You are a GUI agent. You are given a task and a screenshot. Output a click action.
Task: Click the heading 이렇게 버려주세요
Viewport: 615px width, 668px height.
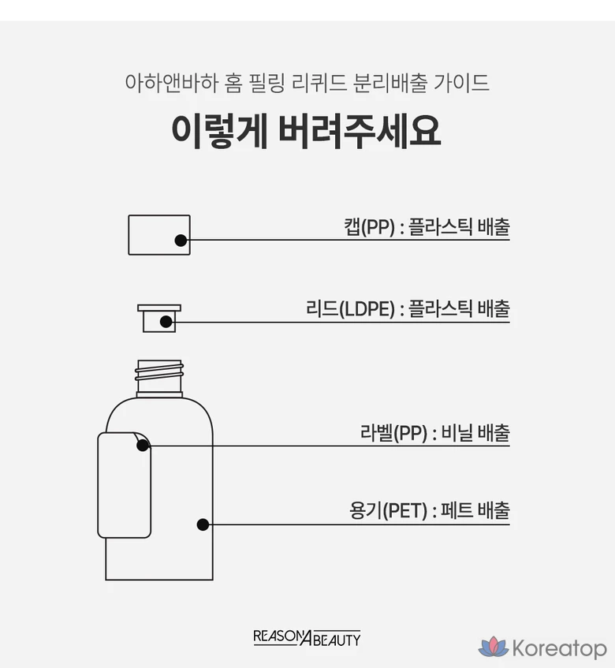306,131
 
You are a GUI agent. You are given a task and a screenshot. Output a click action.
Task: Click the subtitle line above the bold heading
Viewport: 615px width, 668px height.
307,83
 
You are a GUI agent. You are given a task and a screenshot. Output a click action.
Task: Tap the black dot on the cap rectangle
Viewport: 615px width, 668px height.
181,241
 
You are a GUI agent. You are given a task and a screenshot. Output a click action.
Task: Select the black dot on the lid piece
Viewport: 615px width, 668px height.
166,322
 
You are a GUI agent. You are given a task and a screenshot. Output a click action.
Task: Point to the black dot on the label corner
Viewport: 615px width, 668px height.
143,446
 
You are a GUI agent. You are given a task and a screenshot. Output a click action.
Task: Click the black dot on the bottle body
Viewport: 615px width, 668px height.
203,524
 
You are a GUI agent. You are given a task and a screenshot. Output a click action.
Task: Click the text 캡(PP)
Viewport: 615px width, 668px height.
369,226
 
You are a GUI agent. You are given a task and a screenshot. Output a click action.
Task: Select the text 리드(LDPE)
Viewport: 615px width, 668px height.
351,308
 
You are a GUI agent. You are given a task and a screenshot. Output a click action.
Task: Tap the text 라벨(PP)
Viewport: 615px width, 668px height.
394,433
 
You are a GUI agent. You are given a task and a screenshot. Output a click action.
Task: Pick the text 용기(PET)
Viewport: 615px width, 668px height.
388,510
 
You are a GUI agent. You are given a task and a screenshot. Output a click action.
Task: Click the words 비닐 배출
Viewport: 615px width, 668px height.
475,432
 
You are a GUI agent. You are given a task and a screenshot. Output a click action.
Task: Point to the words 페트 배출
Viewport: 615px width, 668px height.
475,510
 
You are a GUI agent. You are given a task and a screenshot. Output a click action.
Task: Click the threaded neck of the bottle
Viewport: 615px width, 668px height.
159,378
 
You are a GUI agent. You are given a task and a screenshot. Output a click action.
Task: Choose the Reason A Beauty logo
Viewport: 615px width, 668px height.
307,638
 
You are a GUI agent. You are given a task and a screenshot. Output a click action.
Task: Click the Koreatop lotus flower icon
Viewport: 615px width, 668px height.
494,647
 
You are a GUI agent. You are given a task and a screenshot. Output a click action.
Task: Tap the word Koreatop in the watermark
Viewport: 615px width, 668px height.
560,648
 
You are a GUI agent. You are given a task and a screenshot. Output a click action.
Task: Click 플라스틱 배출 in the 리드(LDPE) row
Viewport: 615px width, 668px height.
459,308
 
